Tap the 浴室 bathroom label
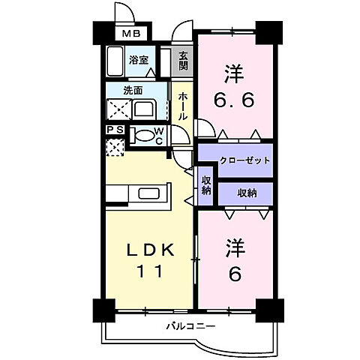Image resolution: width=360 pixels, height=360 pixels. tap(137, 58)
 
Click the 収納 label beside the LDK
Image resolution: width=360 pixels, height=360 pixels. tap(206, 184)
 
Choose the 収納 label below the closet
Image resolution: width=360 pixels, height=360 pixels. tap(247, 193)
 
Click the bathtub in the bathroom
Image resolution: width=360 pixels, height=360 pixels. tap(115, 60)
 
